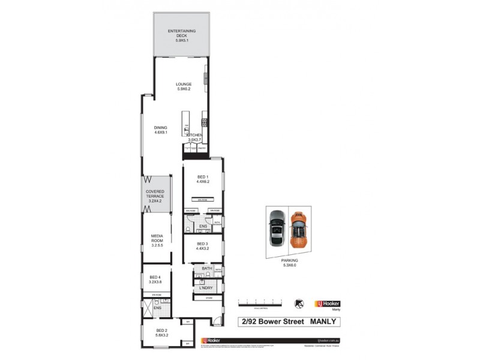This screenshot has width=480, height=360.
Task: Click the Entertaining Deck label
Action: pos(182,35)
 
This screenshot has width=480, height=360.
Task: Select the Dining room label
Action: pos(160,131)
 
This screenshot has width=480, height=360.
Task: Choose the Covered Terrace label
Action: pos(155,197)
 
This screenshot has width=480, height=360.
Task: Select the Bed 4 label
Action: pos(155,279)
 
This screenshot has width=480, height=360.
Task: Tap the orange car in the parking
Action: pos(298,230)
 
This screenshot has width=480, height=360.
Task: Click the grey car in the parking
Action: pos(277,230)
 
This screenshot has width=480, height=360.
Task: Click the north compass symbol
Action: pos(298,304)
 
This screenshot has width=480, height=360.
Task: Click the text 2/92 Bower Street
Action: pos(270,322)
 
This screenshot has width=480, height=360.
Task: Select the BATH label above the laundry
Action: pos(207,269)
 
